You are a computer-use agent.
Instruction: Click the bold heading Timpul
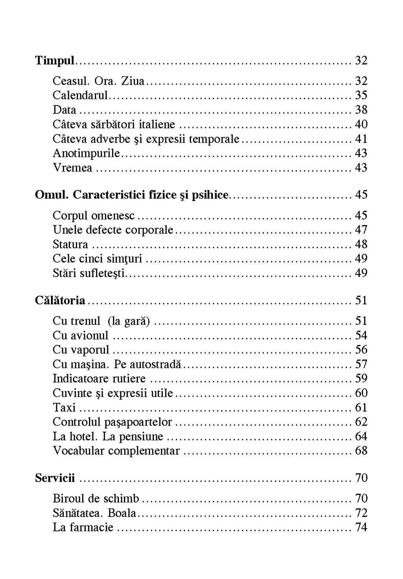point(55,60)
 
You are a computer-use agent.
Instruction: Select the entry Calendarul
point(80,95)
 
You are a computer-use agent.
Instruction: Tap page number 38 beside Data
point(361,110)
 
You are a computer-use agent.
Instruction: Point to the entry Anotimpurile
point(86,153)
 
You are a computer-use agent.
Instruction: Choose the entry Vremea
point(72,168)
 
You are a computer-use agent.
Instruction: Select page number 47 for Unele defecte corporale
point(361,230)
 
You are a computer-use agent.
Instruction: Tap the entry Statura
point(70,244)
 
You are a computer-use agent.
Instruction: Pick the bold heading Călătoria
point(60,300)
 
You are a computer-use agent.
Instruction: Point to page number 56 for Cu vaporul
point(361,350)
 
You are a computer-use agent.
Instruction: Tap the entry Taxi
point(64,408)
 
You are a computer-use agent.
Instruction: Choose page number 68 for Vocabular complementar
point(361,451)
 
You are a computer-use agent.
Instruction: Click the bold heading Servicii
point(55,478)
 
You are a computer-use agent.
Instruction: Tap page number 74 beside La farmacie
point(361,527)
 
